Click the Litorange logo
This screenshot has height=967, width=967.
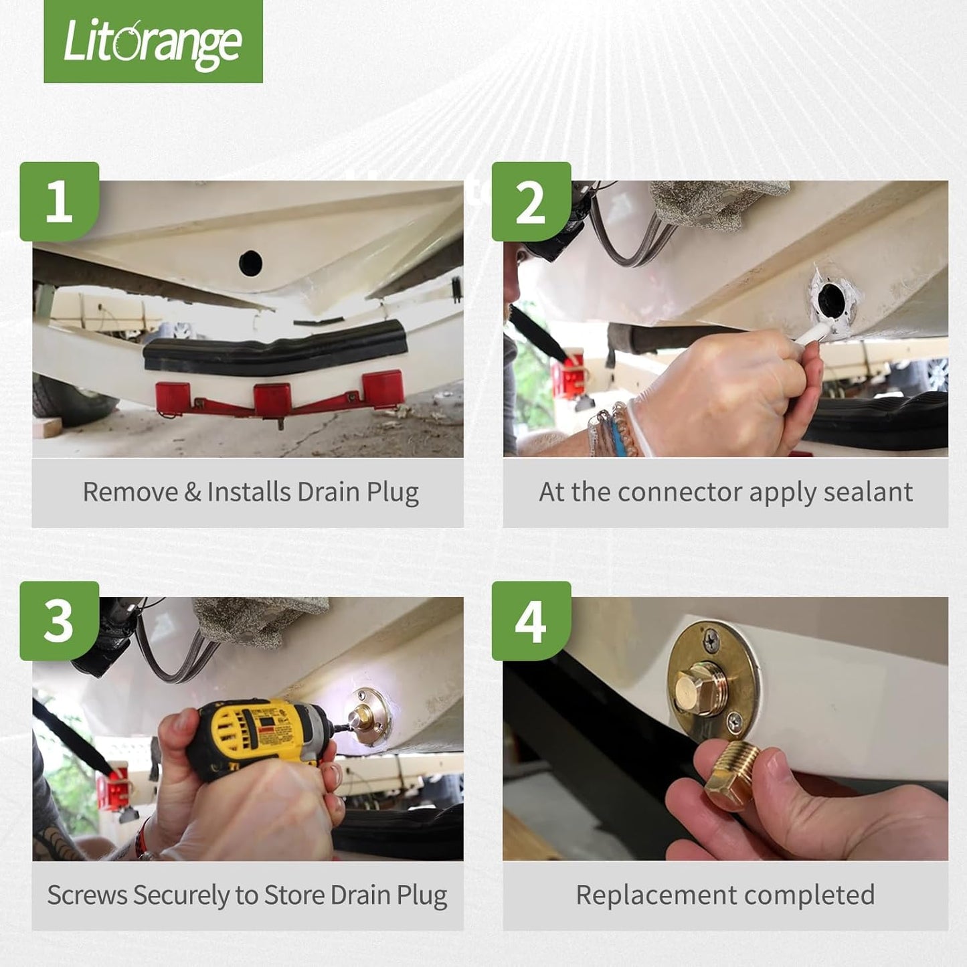point(153,41)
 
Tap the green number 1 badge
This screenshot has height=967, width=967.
point(59,201)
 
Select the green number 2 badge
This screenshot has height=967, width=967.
point(531,201)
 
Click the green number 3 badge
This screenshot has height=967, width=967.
point(59,621)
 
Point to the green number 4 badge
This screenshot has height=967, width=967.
point(531,621)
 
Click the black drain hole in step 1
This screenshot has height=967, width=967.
point(250,263)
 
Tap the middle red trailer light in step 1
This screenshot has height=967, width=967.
point(271,398)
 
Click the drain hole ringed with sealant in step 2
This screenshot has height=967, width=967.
point(832,298)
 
